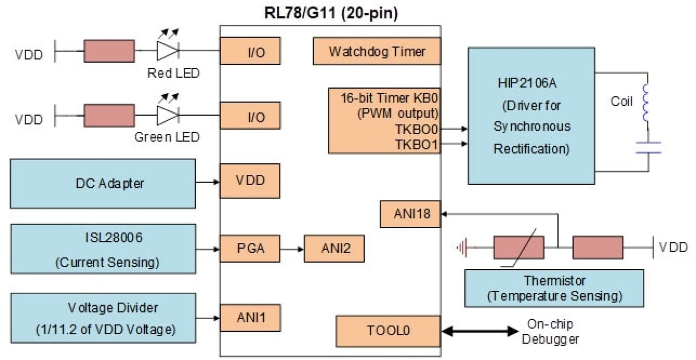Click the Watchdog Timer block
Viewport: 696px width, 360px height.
377,52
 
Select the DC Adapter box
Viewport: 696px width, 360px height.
103,183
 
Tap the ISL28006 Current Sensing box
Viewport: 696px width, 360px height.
103,249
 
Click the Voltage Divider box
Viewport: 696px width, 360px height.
103,317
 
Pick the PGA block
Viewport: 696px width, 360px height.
250,249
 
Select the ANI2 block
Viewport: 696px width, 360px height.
334,249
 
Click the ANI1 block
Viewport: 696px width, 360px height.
250,318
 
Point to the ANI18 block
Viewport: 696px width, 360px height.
410,214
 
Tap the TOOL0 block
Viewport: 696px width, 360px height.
388,331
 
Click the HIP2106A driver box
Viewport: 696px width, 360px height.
531,115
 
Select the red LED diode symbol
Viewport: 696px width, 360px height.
167,50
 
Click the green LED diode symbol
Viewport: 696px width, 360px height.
167,116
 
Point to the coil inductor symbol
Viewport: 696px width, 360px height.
646,103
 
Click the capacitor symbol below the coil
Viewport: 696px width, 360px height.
648,147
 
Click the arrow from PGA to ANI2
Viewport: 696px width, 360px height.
292,249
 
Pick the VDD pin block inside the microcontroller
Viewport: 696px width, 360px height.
250,181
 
